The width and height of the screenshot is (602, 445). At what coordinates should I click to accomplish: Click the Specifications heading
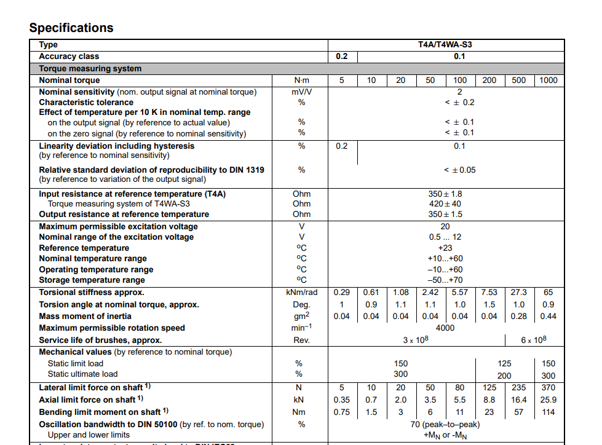tap(71, 28)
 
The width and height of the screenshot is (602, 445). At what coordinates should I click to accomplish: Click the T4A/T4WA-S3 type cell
tap(445, 45)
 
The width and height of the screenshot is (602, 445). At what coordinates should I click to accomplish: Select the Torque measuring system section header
tap(90, 69)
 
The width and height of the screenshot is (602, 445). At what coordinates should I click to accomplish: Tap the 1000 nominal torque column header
tap(548, 81)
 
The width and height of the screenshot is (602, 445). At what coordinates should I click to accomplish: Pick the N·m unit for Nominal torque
tap(301, 81)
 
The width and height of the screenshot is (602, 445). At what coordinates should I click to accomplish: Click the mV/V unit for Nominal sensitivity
tap(301, 92)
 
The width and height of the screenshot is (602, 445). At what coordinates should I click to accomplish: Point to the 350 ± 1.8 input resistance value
tap(445, 194)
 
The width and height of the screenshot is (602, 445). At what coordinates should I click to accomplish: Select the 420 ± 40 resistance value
tap(445, 204)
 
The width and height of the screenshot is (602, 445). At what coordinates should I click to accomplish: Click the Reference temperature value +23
tap(445, 248)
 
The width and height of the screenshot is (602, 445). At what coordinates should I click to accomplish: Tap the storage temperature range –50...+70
tap(445, 280)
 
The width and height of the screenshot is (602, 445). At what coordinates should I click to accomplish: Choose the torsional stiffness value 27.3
tap(519, 293)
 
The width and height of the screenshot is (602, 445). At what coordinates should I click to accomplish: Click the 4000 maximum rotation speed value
tap(445, 328)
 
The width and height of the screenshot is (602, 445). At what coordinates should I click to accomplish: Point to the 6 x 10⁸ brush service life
tap(533, 340)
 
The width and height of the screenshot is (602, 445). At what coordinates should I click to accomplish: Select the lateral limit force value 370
tap(549, 388)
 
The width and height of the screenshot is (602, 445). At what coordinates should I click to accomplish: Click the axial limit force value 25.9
tap(549, 400)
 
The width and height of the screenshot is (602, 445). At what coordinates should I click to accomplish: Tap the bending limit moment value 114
tap(549, 412)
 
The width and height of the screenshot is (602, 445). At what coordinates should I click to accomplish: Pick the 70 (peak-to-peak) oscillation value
tap(445, 424)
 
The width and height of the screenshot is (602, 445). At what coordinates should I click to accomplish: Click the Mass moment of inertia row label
tap(85, 317)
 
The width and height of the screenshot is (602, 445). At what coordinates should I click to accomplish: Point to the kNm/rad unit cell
tap(301, 293)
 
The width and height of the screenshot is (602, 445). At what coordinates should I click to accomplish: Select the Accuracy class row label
tap(69, 57)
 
